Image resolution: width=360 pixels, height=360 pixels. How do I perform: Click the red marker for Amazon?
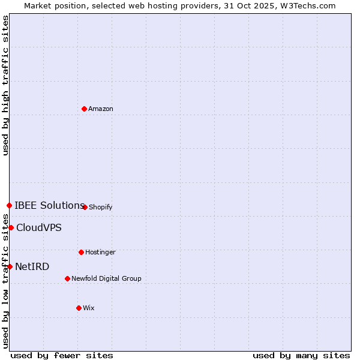click(85, 109)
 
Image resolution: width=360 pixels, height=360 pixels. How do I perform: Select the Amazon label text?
click(101, 109)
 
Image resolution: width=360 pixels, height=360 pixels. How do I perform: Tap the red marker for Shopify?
click(85, 207)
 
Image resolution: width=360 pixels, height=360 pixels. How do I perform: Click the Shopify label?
click(101, 208)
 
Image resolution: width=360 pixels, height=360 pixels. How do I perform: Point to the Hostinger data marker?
click(81, 252)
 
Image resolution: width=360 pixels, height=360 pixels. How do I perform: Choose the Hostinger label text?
click(100, 253)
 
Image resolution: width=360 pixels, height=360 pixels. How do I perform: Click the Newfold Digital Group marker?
click(67, 278)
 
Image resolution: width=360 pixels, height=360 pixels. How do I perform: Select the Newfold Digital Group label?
click(106, 279)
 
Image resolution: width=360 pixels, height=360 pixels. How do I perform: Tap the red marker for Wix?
click(79, 308)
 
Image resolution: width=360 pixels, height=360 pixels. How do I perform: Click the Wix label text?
click(89, 308)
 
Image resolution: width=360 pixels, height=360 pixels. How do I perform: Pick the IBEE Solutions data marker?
click(9, 205)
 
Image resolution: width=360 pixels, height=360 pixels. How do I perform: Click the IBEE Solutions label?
click(49, 206)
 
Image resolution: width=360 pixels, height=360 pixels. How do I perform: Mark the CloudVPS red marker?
click(11, 227)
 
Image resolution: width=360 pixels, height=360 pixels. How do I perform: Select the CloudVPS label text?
click(39, 228)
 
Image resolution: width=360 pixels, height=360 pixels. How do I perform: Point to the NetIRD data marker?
click(10, 266)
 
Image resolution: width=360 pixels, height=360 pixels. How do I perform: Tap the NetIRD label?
click(32, 267)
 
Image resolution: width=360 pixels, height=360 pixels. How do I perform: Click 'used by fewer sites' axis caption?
click(62, 356)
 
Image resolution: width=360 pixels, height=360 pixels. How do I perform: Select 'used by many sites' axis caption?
click(301, 356)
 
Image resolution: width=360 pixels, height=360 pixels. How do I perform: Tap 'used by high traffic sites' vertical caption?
click(5, 85)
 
